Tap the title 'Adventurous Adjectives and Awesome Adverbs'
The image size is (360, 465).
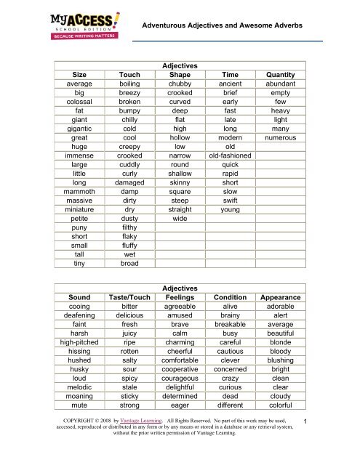point(232,25)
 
